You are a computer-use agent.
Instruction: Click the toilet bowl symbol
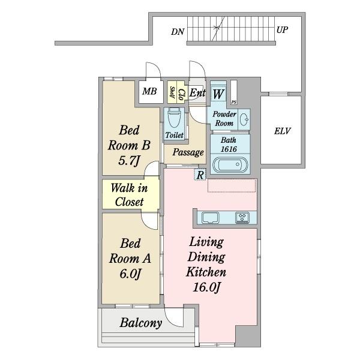click(174, 118)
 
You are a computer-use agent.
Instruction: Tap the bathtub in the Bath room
click(230, 164)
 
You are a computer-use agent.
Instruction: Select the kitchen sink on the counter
click(211, 218)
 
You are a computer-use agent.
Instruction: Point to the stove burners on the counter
click(242, 218)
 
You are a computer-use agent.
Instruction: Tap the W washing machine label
click(218, 94)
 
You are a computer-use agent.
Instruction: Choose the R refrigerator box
click(200, 175)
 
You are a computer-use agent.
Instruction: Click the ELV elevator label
click(283, 131)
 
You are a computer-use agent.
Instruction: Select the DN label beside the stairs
click(178, 32)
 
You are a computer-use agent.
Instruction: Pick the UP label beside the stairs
click(282, 30)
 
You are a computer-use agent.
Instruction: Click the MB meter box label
click(149, 91)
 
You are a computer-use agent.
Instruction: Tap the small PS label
click(234, 102)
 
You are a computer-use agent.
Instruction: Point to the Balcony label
click(141, 323)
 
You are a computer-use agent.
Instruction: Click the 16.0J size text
click(206, 287)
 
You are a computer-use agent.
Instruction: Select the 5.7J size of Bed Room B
click(129, 160)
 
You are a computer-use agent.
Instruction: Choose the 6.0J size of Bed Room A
click(130, 274)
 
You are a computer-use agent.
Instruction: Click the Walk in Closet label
click(129, 195)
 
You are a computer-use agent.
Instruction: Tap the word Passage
click(188, 152)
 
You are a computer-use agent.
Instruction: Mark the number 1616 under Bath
click(229, 149)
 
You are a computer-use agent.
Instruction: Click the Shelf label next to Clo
click(172, 92)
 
